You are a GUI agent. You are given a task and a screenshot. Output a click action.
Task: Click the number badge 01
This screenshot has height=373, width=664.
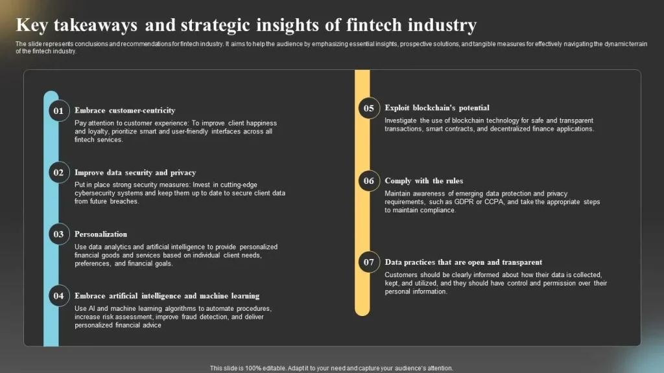(59, 111)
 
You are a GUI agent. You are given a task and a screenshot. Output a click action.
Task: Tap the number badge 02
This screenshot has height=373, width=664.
(59, 172)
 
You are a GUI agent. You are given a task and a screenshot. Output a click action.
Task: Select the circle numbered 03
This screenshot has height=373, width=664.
(59, 234)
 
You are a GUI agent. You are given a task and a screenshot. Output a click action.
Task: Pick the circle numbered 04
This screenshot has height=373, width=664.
(59, 296)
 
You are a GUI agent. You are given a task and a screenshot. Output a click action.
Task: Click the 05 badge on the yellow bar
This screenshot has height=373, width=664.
(369, 108)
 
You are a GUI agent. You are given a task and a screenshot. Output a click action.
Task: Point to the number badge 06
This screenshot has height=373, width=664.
(369, 181)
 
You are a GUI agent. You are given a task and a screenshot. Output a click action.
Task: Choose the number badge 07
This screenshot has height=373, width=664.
(369, 262)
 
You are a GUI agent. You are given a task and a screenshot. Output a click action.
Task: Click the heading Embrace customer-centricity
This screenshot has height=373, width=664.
(125, 110)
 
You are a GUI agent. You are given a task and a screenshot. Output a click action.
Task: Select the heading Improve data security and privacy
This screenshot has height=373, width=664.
(135, 172)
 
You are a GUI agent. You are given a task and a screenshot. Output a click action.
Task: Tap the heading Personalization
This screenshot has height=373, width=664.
(101, 234)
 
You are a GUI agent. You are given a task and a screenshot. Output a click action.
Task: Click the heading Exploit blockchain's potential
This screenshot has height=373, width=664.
(437, 108)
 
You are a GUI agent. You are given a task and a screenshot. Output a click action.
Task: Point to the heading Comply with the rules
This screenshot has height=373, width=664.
(424, 181)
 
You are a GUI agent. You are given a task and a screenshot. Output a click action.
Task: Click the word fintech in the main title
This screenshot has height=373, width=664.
(374, 25)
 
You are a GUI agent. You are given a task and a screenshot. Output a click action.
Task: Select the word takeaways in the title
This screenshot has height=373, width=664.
(95, 25)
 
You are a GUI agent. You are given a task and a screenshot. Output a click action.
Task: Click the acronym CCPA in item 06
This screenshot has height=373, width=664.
(493, 202)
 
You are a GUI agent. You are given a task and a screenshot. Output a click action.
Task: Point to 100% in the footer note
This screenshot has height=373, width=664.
(254, 368)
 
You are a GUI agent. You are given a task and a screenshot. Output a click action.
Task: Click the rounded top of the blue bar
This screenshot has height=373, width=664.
(51, 95)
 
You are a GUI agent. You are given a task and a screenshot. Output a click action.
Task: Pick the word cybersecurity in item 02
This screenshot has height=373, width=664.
(95, 193)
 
